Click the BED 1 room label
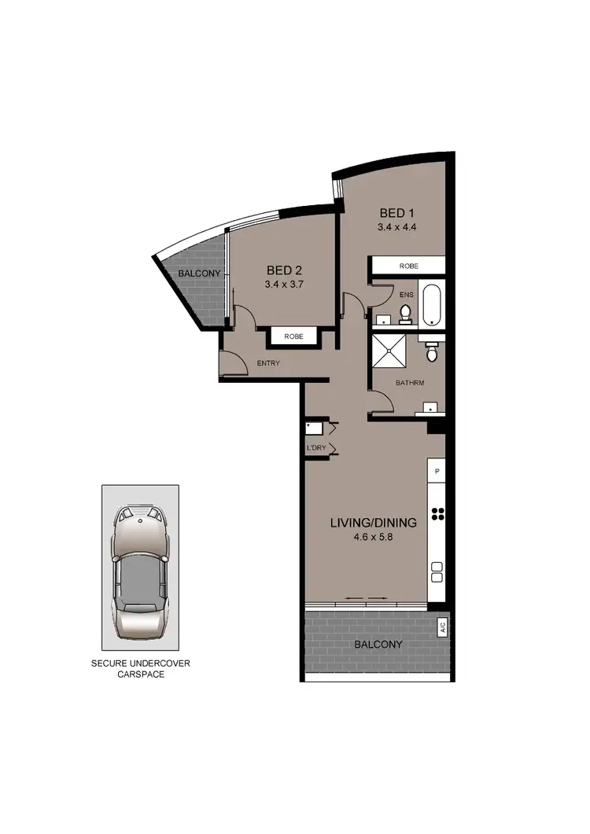(x=396, y=213)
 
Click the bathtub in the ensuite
(x=432, y=305)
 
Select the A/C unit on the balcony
(x=441, y=626)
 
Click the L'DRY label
(x=316, y=448)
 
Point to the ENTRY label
(x=268, y=363)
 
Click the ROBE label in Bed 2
(x=293, y=336)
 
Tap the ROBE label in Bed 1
(x=408, y=266)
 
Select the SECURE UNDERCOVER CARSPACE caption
(x=141, y=669)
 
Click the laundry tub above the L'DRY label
(x=314, y=429)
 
